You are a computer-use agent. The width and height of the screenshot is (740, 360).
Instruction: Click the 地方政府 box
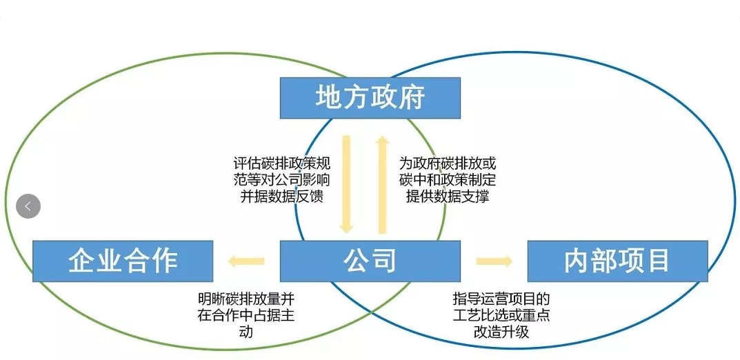coord(370,98)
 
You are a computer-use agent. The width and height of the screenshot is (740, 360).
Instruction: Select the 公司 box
coord(370,261)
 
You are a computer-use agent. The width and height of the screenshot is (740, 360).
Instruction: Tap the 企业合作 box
coord(123,261)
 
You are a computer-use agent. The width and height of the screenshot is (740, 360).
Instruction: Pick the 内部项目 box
coord(617,261)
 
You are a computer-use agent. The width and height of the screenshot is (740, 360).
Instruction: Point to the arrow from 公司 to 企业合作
coord(247,261)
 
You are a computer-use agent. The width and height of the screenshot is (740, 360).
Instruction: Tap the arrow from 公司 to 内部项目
coord(494,261)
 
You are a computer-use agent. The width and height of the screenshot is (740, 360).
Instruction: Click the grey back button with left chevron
coord(28,206)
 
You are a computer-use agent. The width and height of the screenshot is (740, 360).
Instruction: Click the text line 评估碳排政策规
coord(282,165)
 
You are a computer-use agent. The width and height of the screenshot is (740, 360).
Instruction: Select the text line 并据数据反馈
coord(282,196)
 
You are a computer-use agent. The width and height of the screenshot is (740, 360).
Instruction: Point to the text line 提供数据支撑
coord(448,196)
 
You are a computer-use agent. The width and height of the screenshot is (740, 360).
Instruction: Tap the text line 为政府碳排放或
coord(448,165)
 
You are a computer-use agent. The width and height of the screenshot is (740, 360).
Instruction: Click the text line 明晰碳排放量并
coord(246,301)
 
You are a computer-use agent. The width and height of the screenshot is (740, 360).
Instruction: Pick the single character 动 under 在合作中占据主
coord(246,332)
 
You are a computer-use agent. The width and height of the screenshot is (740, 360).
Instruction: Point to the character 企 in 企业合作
coord(81,261)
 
